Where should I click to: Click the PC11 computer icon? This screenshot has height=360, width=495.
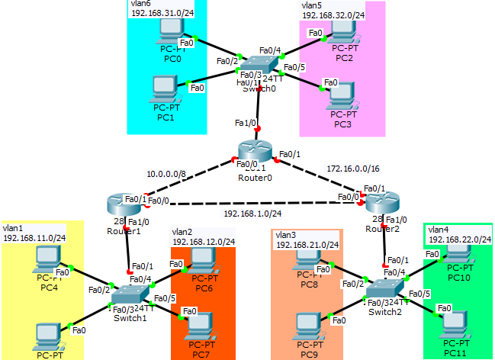click(x=457, y=320)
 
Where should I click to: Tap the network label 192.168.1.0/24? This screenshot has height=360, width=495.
click(x=252, y=214)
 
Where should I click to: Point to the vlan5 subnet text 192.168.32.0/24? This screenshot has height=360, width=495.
click(x=333, y=14)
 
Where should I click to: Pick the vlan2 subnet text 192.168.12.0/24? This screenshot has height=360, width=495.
click(x=204, y=242)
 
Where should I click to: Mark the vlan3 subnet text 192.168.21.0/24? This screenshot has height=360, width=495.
click(x=307, y=244)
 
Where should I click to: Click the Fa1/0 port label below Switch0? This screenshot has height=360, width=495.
click(x=246, y=122)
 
